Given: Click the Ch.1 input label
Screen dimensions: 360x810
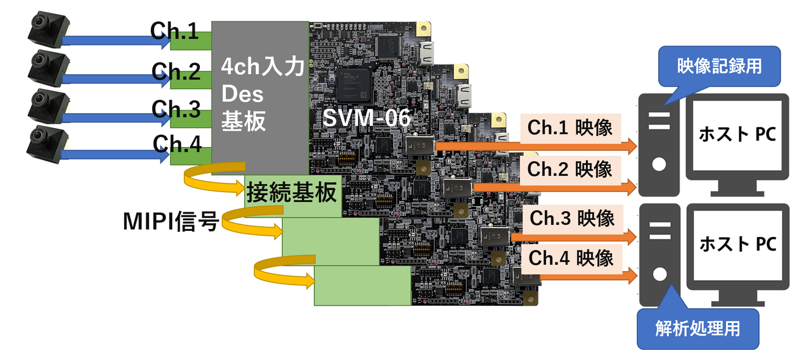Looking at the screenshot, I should coord(174,31).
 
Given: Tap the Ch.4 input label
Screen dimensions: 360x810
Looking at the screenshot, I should coord(177,144).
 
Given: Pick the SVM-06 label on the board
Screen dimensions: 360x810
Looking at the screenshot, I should coord(366,118).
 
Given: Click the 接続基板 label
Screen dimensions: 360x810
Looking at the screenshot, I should coord(292,193).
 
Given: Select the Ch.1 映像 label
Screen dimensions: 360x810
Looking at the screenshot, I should coord(570,128).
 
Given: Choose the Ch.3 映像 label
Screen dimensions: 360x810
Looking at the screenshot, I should coord(572,219).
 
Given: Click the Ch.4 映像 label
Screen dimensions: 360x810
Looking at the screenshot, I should coord(571,259).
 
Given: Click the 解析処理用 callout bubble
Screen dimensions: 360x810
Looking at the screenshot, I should coord(697,328).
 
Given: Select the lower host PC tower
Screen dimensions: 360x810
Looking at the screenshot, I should coord(659,255).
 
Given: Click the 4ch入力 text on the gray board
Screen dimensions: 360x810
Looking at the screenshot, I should coord(262,66).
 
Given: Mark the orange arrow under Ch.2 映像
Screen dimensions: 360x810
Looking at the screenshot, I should coord(553,187).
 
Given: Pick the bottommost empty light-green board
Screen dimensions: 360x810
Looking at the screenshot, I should coord(362,286).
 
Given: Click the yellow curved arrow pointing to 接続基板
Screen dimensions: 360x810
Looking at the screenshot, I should coord(213,180).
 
